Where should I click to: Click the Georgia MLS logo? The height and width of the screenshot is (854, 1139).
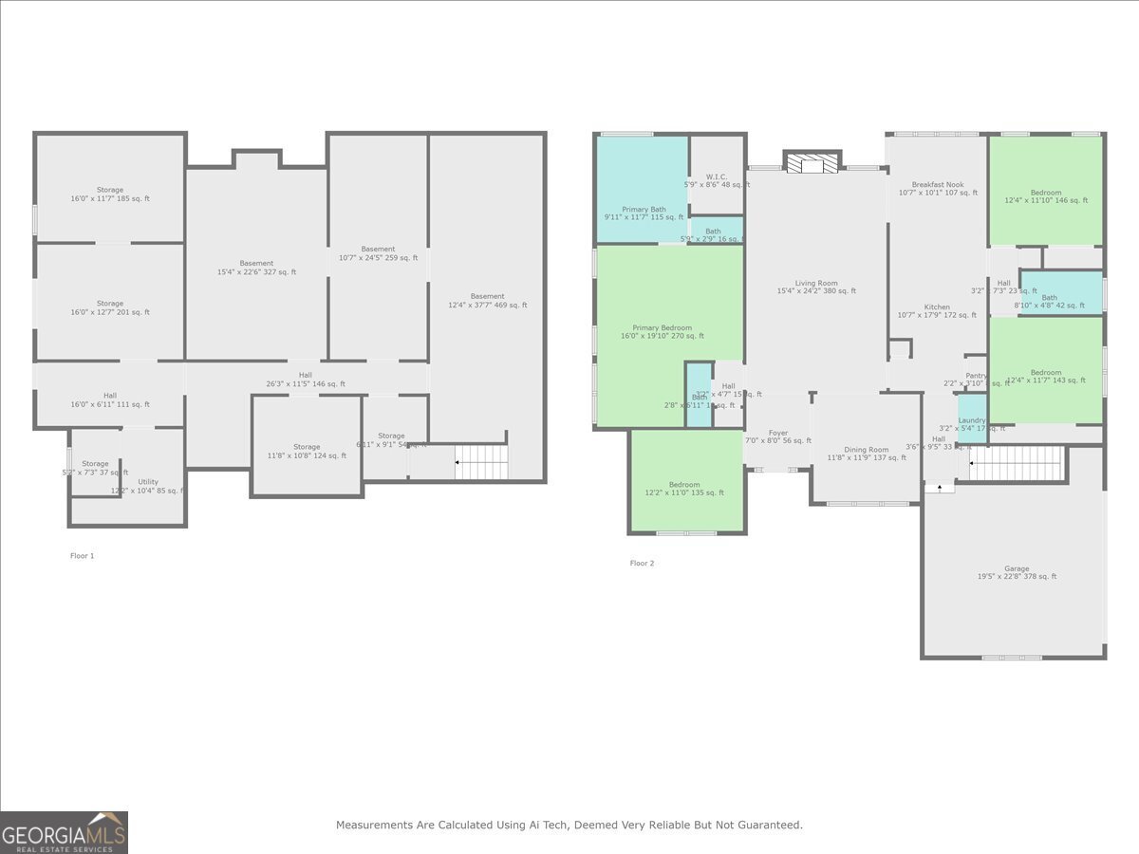pos(65,832)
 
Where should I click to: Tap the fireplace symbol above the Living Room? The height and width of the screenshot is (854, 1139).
pos(812,163)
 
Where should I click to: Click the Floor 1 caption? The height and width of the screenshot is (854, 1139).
pos(83,556)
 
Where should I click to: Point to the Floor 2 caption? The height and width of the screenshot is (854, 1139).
pos(642,564)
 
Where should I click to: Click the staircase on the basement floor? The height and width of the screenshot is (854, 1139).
pos(481,462)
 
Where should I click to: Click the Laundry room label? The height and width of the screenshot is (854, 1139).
pos(972,421)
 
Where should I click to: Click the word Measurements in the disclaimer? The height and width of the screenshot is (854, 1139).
pos(375,826)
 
